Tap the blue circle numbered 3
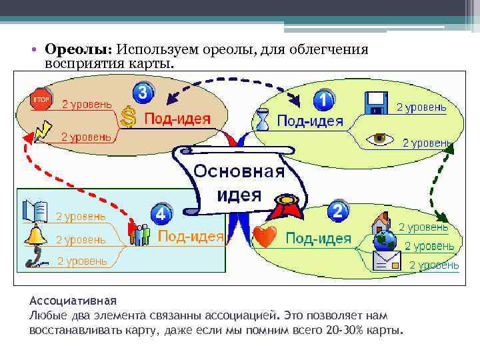tap(142, 92)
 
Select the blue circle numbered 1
tap(323, 101)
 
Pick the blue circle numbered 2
tap(338, 212)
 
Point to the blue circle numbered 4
tap(161, 215)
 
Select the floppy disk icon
tap(377, 104)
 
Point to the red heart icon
tap(265, 237)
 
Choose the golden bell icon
tap(35, 236)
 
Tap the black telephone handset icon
tap(35, 258)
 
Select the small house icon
tap(381, 220)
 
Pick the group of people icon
tap(140, 235)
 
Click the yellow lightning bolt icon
tap(42, 130)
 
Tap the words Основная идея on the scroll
tap(239, 183)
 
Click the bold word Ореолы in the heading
tap(77, 50)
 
